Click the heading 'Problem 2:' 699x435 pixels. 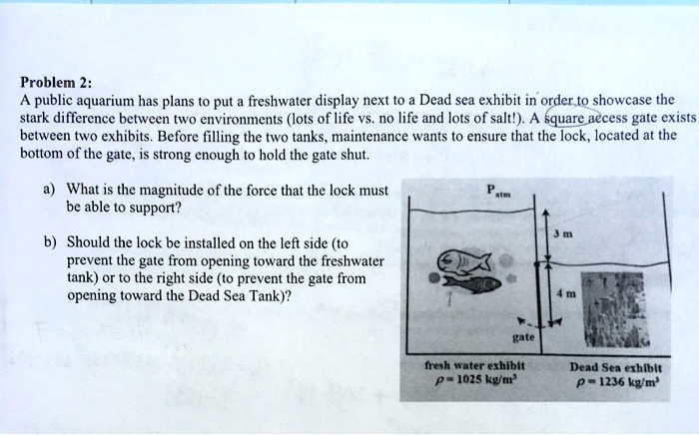(x=54, y=83)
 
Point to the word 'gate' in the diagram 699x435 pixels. (x=521, y=337)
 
